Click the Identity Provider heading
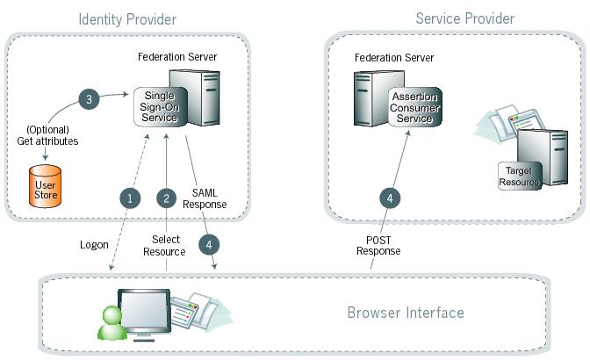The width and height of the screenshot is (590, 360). pyautogui.click(x=127, y=19)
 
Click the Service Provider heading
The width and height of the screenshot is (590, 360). pyautogui.click(x=464, y=18)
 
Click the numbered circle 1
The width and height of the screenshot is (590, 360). pyautogui.click(x=130, y=198)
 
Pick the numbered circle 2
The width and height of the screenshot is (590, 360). pyautogui.click(x=165, y=198)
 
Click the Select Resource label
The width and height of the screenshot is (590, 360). pyautogui.click(x=164, y=246)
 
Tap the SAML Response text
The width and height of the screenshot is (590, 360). pyautogui.click(x=208, y=198)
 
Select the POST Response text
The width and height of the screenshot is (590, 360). pyautogui.click(x=378, y=245)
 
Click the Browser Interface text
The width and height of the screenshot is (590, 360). pyautogui.click(x=405, y=313)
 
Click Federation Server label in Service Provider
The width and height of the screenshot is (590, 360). pyautogui.click(x=394, y=58)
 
